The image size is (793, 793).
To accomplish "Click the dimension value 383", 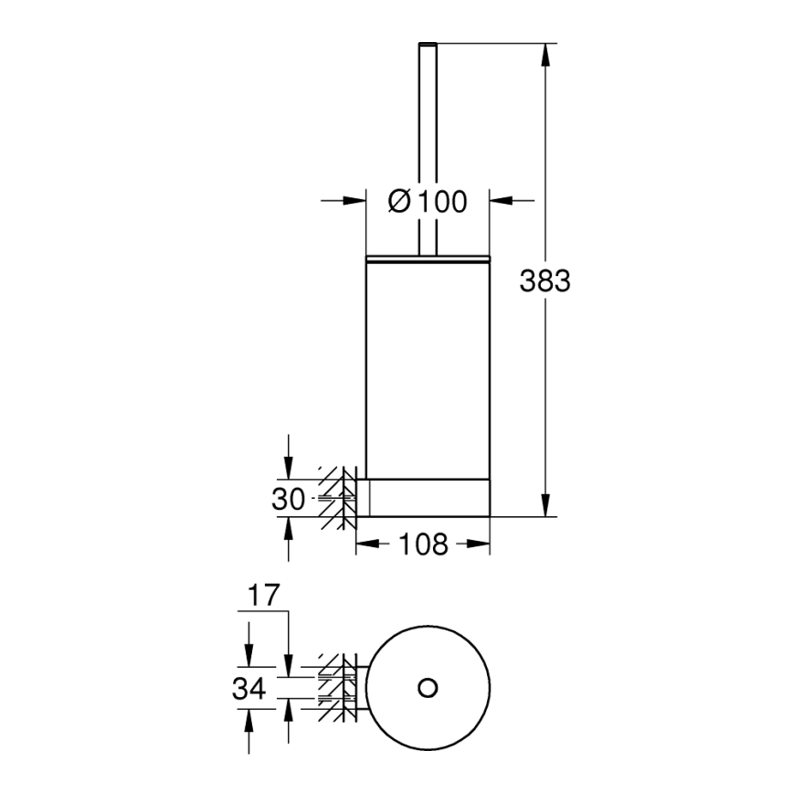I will point(545,281).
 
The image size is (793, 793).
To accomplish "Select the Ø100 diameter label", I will point(427,201).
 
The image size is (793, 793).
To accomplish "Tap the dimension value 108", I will point(423,545).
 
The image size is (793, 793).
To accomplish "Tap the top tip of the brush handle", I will point(427,44).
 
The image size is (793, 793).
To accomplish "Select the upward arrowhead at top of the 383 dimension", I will point(545,53).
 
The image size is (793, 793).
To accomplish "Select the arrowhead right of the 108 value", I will point(481,545).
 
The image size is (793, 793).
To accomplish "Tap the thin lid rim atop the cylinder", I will point(428,259).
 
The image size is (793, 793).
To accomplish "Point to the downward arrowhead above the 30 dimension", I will point(289,469).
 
